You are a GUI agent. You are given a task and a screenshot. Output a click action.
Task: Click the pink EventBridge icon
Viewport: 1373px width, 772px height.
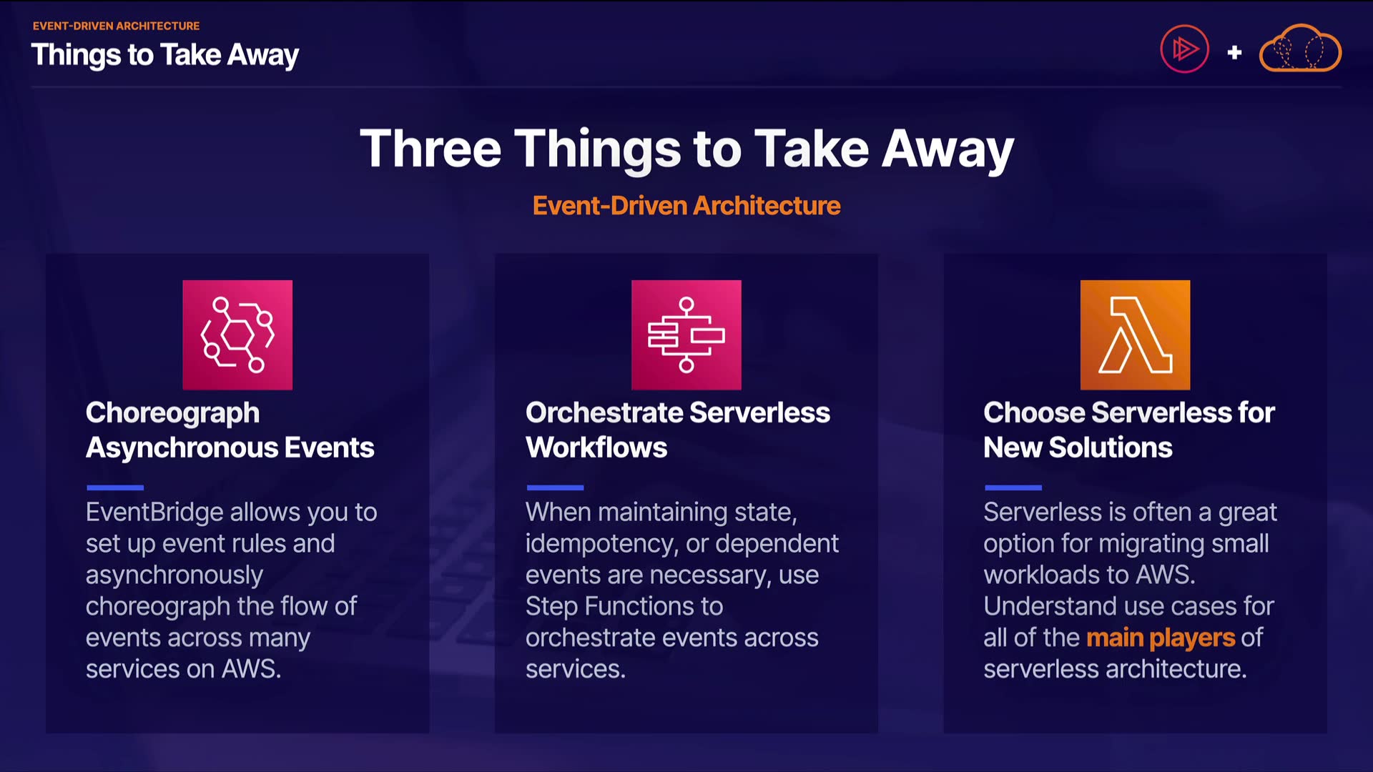pos(237,335)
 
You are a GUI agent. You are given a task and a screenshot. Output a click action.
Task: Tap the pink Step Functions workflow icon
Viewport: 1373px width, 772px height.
pos(686,335)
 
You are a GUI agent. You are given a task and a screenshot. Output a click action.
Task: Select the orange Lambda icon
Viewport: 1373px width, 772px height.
pos(1135,335)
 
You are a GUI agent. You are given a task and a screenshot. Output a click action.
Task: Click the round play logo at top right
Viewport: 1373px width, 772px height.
pos(1184,49)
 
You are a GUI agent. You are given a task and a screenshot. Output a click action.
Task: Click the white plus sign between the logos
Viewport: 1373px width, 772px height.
pos(1234,52)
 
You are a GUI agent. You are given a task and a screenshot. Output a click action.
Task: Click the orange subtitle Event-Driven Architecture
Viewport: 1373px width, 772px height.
pos(686,206)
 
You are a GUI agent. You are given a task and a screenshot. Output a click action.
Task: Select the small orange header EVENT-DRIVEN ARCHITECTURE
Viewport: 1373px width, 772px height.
pos(117,26)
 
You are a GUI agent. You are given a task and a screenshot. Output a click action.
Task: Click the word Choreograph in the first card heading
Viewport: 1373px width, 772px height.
pos(172,414)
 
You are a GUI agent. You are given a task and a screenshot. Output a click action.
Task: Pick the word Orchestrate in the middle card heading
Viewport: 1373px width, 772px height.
pos(604,412)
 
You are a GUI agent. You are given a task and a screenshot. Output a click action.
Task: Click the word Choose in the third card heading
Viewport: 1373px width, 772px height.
pos(1034,412)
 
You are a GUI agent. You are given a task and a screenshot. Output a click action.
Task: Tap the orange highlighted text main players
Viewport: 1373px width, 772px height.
pos(1161,638)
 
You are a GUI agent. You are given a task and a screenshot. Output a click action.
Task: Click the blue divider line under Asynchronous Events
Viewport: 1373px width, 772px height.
pos(115,488)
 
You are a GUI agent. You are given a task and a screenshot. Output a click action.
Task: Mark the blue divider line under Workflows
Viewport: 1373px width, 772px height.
pos(555,488)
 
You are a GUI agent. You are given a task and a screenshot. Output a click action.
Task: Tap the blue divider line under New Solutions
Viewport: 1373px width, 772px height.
pos(1013,488)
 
